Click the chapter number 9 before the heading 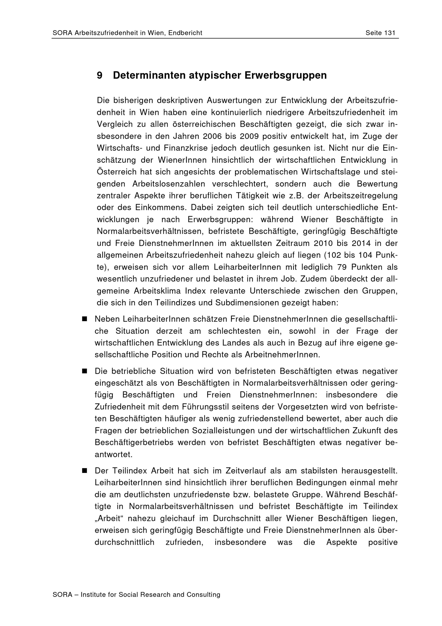tap(100, 75)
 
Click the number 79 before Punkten tap(342, 267)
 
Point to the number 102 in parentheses tap(334, 255)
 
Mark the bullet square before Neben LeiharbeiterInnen tap(84, 319)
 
